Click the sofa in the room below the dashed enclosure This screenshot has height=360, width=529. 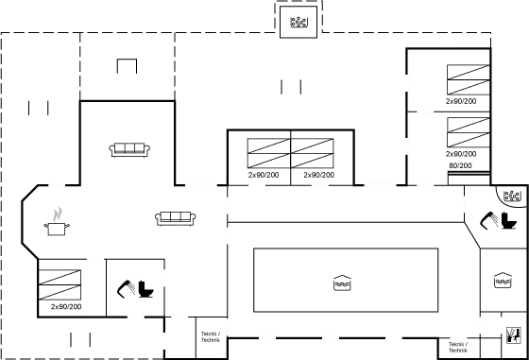pos(130,148)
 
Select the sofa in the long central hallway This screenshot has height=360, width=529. pos(176,218)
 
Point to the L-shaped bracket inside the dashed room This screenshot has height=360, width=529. pos(127,67)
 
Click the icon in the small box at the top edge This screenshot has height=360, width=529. pos(298,21)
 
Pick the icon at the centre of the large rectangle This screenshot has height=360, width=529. pos(342,283)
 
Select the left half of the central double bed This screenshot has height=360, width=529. pos(268,153)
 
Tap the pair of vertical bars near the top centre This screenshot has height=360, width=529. pos(291,88)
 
